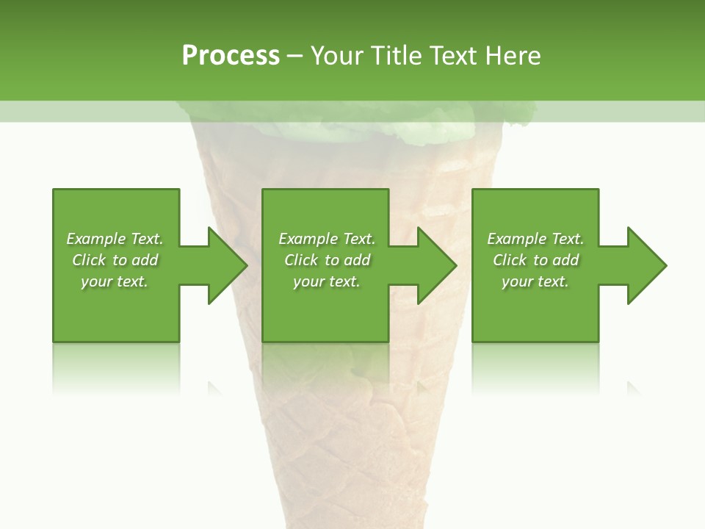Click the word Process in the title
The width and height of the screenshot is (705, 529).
231,56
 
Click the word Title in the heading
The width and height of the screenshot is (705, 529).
397,56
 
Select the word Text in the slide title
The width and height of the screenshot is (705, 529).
453,56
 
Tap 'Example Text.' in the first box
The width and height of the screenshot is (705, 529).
115,239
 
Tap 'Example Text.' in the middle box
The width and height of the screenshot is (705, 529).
327,239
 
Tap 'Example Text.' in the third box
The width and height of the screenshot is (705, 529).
535,239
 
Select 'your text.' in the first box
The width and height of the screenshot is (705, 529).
115,281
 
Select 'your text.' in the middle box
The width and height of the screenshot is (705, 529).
327,281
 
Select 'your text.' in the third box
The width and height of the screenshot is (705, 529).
535,281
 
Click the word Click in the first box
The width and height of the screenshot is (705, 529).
89,260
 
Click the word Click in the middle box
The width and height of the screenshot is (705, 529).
301,260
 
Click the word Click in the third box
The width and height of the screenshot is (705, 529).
510,260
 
